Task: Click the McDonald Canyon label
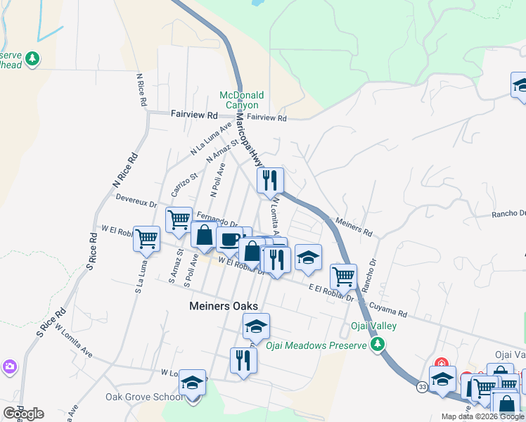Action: click(x=241, y=100)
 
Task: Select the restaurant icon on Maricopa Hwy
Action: click(x=269, y=181)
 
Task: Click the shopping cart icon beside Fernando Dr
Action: click(x=179, y=219)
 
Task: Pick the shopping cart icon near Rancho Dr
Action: click(x=343, y=276)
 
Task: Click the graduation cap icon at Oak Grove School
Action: click(x=192, y=383)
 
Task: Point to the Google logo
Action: click(x=23, y=413)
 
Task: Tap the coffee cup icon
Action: click(x=229, y=240)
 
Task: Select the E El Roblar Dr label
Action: click(x=331, y=292)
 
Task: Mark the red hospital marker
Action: click(x=441, y=364)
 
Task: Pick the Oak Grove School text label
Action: click(x=144, y=397)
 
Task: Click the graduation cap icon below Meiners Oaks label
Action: click(x=257, y=326)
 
